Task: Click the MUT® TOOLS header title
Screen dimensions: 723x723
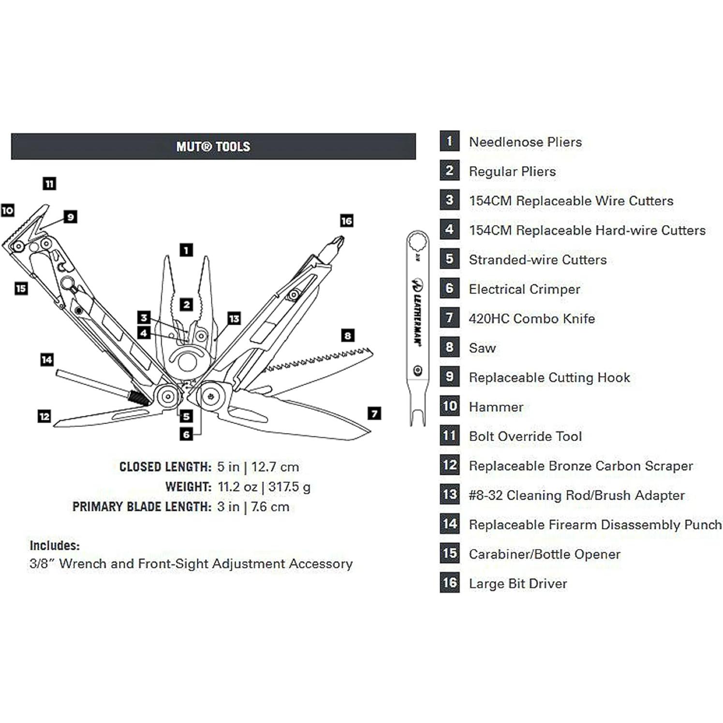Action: click(213, 147)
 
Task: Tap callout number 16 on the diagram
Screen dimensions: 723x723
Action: click(346, 221)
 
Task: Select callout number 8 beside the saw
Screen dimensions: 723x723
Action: click(348, 336)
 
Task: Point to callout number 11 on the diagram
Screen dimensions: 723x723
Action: click(49, 184)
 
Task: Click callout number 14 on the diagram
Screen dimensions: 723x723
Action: click(47, 360)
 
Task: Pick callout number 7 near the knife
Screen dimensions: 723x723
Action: click(374, 413)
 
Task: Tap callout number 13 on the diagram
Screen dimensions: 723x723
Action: click(234, 319)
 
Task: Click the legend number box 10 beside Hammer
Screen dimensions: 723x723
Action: click(450, 406)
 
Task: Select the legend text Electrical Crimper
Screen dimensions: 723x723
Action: click(524, 289)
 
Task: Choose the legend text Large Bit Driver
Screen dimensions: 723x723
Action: click(517, 584)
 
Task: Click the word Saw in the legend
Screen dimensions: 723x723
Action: click(482, 348)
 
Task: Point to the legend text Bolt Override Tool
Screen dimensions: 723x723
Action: click(525, 436)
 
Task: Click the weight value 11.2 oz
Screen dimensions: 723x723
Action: click(237, 487)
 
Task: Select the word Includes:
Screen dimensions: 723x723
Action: click(55, 546)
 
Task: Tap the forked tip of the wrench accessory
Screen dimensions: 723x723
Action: click(418, 416)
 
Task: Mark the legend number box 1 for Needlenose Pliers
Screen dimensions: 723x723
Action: click(450, 141)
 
